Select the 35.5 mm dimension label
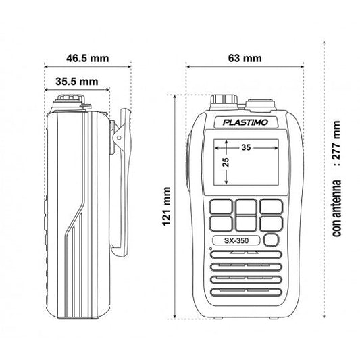[76, 82]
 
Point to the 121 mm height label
[167, 209]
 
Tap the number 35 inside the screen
[245, 147]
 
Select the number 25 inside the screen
[226, 163]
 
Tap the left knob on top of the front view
[224, 101]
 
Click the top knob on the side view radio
[70, 103]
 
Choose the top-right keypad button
[270, 206]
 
